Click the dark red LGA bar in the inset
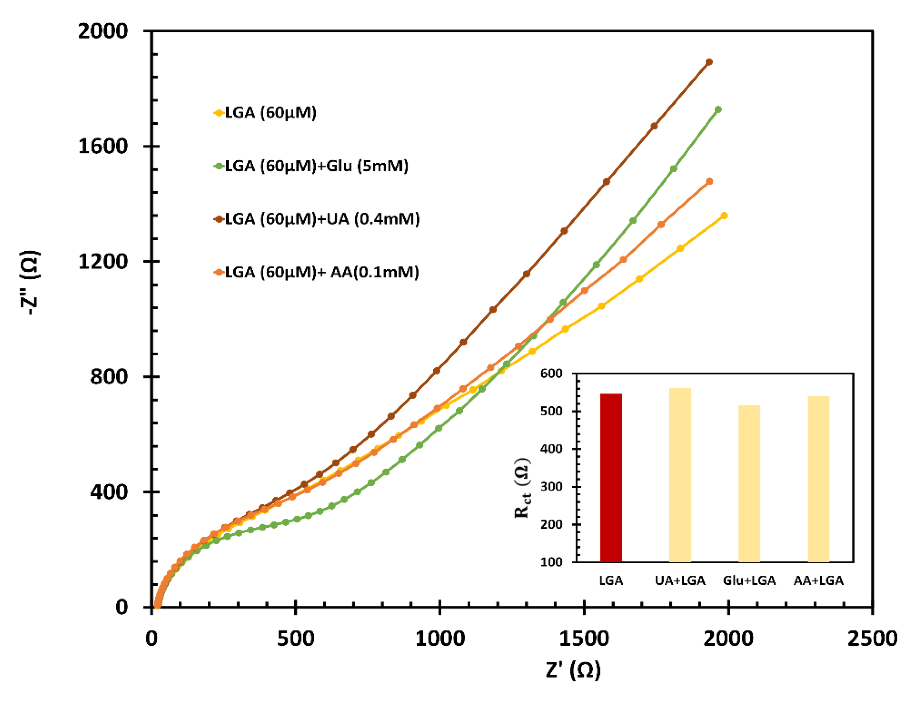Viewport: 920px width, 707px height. [x=610, y=478]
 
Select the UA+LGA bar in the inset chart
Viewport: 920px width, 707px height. [x=680, y=475]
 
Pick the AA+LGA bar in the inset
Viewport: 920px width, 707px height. [x=818, y=479]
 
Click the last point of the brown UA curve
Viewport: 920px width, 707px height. [x=709, y=62]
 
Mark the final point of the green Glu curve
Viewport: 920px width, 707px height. [x=718, y=109]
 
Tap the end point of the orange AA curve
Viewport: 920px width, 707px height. [x=709, y=181]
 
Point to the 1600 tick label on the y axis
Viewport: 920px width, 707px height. [x=103, y=146]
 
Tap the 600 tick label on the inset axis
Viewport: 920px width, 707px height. [x=551, y=374]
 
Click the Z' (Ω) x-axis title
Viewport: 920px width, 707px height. [x=573, y=669]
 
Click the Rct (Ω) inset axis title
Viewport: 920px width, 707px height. [x=522, y=488]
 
